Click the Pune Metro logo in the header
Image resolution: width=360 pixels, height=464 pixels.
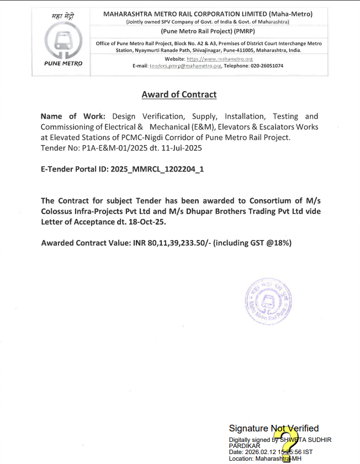click(x=63, y=42)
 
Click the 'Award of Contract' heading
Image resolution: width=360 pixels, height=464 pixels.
click(x=179, y=94)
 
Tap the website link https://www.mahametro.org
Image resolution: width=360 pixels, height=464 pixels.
click(x=220, y=58)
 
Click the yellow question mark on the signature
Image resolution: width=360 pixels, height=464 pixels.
click(x=287, y=444)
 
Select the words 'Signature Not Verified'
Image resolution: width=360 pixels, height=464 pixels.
click(x=274, y=428)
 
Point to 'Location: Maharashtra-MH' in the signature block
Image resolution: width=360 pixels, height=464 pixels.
click(x=265, y=458)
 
